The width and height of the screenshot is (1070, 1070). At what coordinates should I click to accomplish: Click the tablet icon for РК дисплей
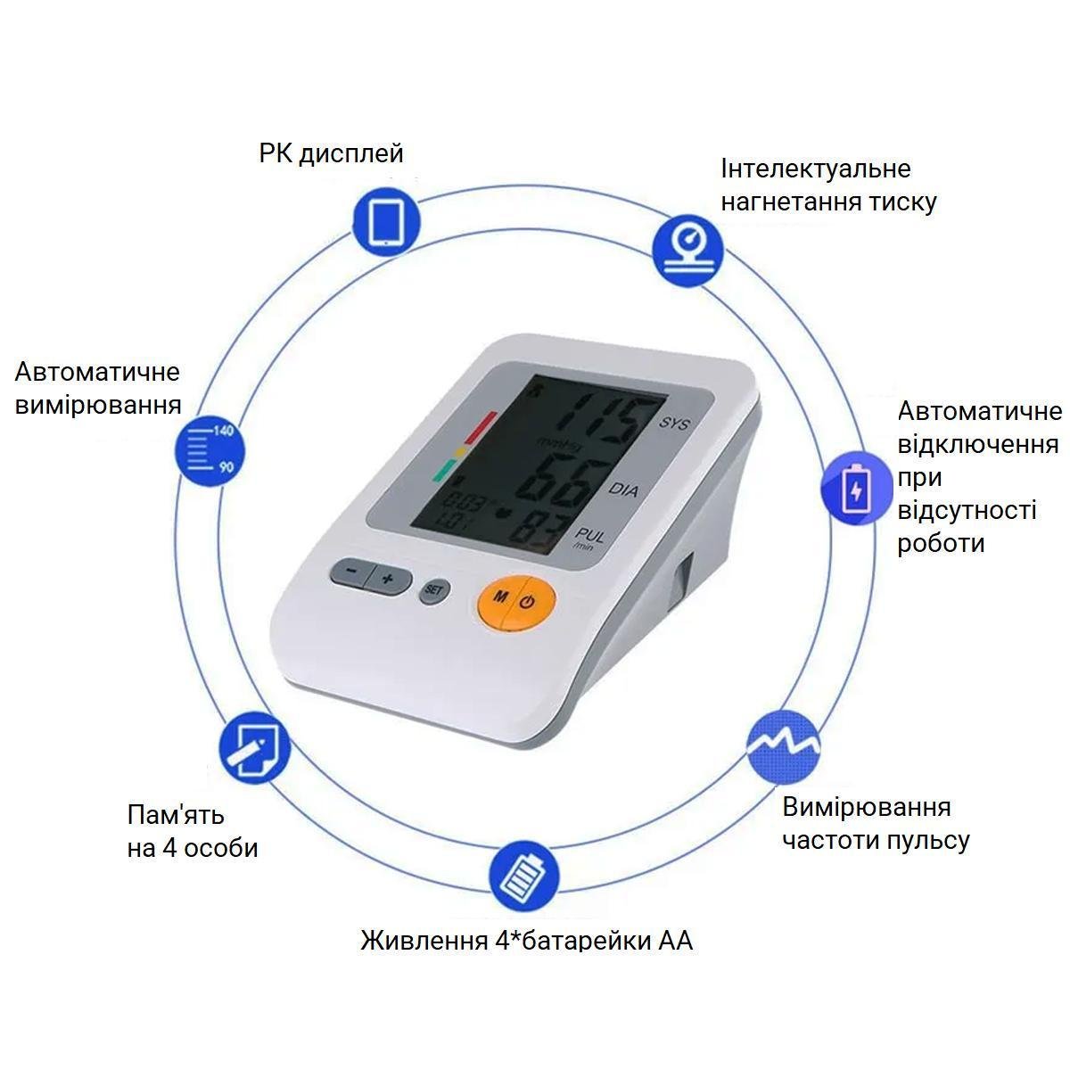(x=386, y=219)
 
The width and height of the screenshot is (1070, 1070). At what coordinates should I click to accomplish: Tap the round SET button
(x=434, y=589)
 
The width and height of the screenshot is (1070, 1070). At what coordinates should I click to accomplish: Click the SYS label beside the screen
(x=675, y=424)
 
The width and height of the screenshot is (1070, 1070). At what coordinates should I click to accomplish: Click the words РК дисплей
(x=331, y=153)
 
